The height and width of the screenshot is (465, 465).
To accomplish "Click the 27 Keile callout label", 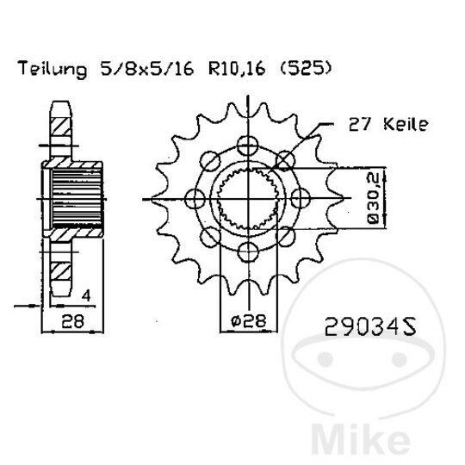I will coord(388,126).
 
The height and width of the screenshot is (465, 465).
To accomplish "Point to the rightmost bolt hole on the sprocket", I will coord(299,198).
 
